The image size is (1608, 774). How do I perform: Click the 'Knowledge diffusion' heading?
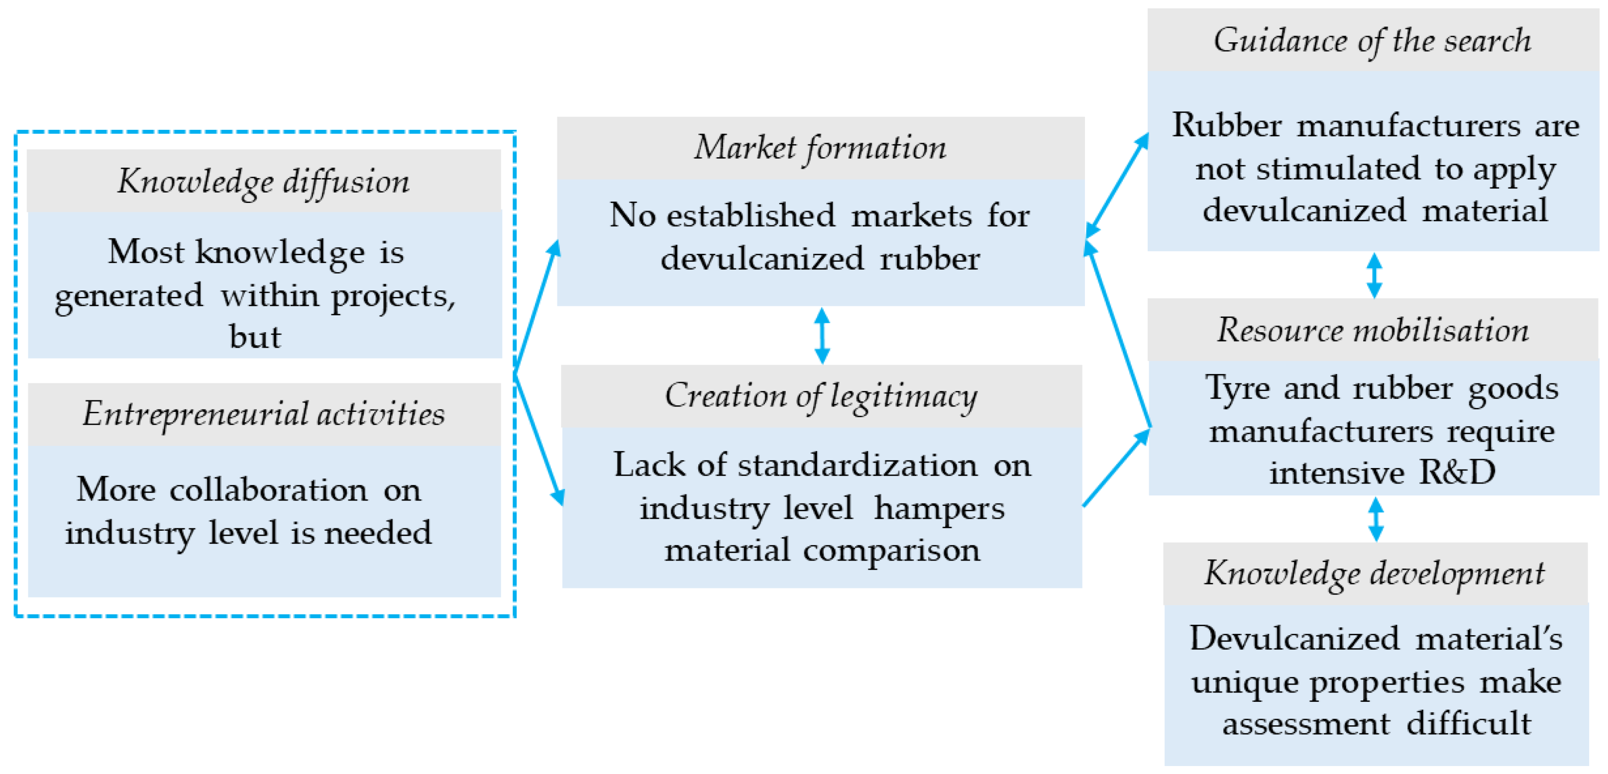[x=263, y=182]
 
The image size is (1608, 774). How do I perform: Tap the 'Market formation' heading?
[x=820, y=148]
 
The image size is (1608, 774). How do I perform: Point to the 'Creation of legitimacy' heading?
[x=820, y=395]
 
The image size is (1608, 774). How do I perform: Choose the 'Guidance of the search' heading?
[x=1372, y=40]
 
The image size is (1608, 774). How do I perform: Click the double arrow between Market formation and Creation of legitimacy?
[x=822, y=336]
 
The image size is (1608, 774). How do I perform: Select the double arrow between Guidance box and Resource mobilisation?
[x=1374, y=275]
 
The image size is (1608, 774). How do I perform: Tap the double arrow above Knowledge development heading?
[x=1376, y=519]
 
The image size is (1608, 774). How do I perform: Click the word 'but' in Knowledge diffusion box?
[x=255, y=337]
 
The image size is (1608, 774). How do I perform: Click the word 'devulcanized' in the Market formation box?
[x=762, y=258]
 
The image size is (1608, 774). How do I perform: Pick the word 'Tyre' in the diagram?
[x=1237, y=388]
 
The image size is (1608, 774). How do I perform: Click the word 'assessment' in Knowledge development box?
[x=1306, y=723]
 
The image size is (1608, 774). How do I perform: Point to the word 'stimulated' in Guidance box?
[x=1337, y=169]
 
